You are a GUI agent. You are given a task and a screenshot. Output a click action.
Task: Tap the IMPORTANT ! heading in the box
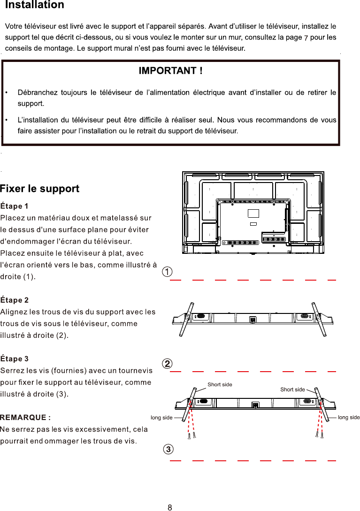pos(170,71)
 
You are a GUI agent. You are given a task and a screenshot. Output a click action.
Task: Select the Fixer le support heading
pos(40,189)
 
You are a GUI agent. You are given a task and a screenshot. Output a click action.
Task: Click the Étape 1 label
pos(15,206)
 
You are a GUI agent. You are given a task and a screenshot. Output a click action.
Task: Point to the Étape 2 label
pos(15,300)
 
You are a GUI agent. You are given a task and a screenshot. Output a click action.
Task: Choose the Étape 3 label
pos(15,359)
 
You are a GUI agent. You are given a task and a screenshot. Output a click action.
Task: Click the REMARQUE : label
pos(25,418)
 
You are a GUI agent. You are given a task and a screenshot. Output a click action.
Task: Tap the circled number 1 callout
pos(167,272)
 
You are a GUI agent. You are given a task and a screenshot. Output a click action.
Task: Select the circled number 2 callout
pos(167,364)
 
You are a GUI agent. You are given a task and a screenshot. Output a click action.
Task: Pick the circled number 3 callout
pos(168,449)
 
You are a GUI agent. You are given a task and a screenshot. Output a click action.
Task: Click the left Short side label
pos(220,385)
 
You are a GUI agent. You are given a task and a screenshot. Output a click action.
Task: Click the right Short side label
pos(292,389)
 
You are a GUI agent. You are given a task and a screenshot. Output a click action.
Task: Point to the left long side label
pos(161,418)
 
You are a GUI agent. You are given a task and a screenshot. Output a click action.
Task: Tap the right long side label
pos(348,418)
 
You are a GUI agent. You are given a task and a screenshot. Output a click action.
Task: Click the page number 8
pos(170,507)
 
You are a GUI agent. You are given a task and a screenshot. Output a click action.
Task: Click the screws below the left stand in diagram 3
pos(191,436)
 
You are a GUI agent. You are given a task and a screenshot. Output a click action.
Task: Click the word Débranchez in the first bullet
pos(40,92)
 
